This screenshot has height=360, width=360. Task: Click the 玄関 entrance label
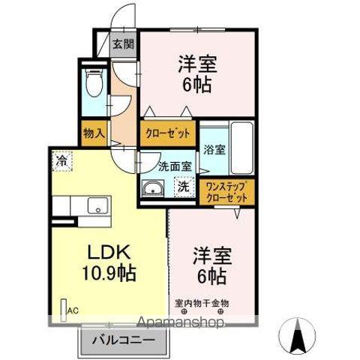click(x=124, y=43)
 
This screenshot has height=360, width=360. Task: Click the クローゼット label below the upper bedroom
click(x=167, y=133)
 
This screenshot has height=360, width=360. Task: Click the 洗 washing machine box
click(x=182, y=188)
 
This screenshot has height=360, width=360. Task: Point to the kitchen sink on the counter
click(x=95, y=205)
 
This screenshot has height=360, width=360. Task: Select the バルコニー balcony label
click(x=124, y=340)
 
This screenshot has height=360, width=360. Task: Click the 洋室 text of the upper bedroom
click(x=195, y=61)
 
